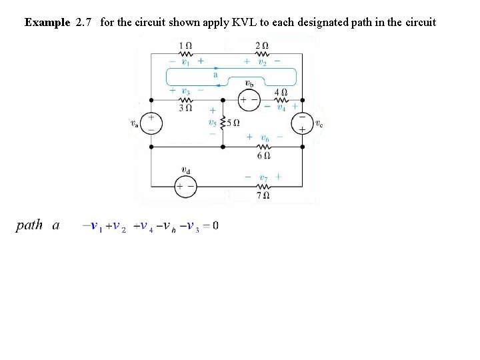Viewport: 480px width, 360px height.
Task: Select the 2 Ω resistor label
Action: [261, 45]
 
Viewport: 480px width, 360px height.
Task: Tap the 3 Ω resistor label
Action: [187, 107]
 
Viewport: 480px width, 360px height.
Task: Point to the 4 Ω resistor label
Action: [281, 93]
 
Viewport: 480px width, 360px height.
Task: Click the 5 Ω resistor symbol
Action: [223, 123]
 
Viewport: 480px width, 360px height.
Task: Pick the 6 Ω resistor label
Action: [264, 155]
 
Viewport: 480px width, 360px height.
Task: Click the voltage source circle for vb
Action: [249, 99]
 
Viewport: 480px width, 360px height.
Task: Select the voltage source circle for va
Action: [151, 123]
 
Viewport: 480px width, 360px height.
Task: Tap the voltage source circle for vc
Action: [301, 123]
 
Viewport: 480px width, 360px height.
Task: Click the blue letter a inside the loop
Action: [215, 75]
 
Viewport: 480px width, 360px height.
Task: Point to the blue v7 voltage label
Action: [264, 177]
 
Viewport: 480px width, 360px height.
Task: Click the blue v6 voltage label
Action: [265, 137]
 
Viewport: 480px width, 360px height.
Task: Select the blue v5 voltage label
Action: [212, 123]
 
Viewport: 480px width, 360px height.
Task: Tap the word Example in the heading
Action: [47, 22]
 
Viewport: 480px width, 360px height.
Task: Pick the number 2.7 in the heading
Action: [84, 22]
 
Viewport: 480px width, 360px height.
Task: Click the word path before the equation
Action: [29, 225]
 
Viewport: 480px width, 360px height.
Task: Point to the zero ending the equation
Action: [215, 225]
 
